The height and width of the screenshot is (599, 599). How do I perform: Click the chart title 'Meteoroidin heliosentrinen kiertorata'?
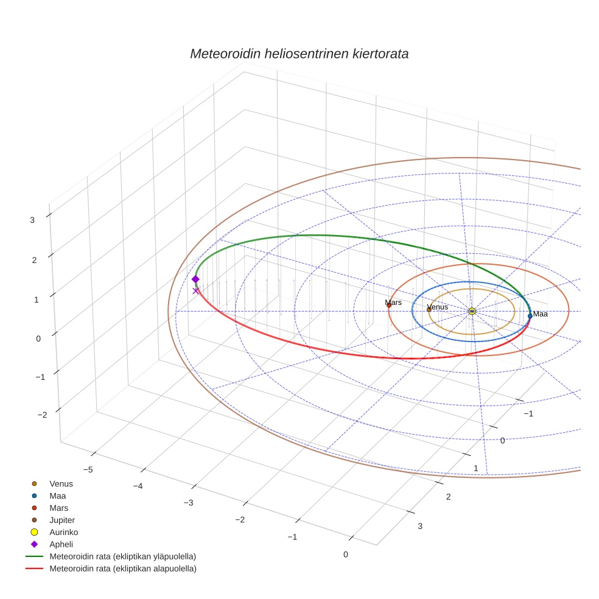click(299, 54)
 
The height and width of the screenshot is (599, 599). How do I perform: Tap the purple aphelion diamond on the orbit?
click(195, 279)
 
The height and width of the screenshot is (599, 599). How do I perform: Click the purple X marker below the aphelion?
click(195, 291)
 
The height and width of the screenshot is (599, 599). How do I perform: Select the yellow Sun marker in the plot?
click(472, 311)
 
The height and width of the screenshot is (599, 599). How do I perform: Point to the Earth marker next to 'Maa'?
click(530, 315)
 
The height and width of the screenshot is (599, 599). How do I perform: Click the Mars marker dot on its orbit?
click(389, 305)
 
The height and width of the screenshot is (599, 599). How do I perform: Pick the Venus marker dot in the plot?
click(429, 309)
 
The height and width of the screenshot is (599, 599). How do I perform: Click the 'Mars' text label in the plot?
click(393, 302)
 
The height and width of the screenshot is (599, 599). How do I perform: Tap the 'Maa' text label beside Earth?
click(541, 314)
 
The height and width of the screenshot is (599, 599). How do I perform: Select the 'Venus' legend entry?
click(61, 484)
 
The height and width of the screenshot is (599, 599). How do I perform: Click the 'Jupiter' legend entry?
click(62, 520)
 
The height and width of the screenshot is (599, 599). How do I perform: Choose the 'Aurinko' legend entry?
click(64, 532)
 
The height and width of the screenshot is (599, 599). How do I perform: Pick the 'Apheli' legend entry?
click(61, 544)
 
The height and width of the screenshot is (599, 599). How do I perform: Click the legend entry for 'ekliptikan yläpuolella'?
click(122, 556)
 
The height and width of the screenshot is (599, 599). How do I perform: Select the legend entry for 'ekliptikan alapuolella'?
click(122, 569)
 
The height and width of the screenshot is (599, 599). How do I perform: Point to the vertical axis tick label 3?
click(32, 220)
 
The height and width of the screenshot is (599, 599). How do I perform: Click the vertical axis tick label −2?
click(42, 415)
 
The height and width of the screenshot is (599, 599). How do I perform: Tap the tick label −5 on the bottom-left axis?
click(88, 469)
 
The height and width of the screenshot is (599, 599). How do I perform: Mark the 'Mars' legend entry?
click(59, 508)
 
